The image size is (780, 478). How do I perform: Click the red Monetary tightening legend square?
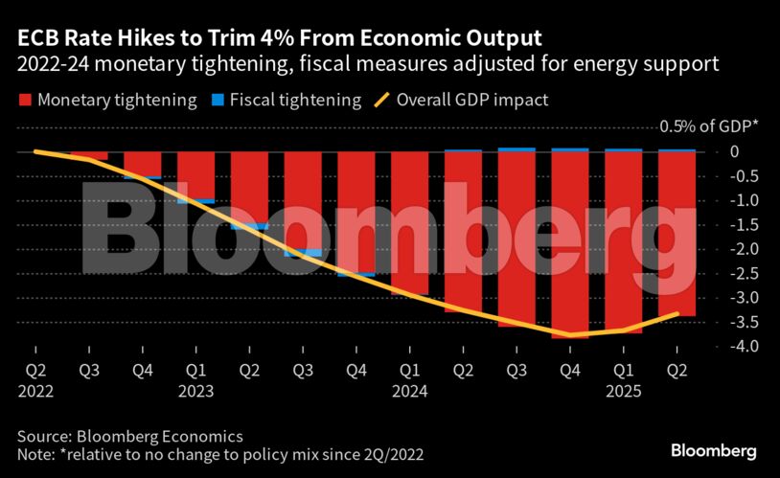click(24, 101)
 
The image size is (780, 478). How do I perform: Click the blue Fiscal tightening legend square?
click(218, 101)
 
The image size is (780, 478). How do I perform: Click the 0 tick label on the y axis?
click(733, 151)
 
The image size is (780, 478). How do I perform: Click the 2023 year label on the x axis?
click(195, 391)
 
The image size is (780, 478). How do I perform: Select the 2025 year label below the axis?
click(624, 391)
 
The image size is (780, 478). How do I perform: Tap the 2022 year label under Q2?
click(35, 391)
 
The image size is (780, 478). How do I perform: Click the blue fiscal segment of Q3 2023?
click(302, 253)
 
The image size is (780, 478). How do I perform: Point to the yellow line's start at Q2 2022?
click(35, 151)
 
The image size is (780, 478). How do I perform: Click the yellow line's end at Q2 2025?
click(677, 313)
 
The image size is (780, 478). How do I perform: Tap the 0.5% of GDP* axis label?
click(707, 127)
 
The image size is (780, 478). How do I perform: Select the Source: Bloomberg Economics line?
click(130, 434)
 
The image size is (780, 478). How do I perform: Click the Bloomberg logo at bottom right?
click(713, 449)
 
